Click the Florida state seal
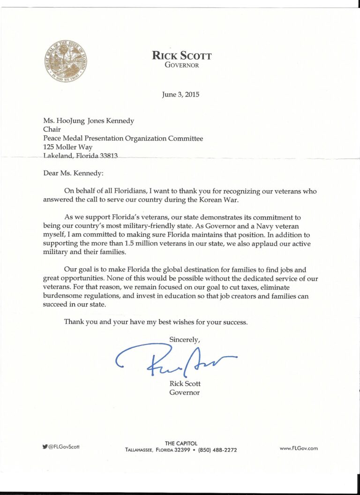[x=65, y=61]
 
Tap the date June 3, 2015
[x=180, y=94]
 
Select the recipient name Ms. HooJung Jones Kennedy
[x=89, y=121]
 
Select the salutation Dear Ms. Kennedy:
[x=73, y=173]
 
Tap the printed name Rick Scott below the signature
[x=185, y=383]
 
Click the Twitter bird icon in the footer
[x=45, y=447]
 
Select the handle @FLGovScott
[x=64, y=447]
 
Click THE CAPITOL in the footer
[x=181, y=443]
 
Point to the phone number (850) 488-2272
[x=217, y=450]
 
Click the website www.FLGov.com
[x=299, y=448]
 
